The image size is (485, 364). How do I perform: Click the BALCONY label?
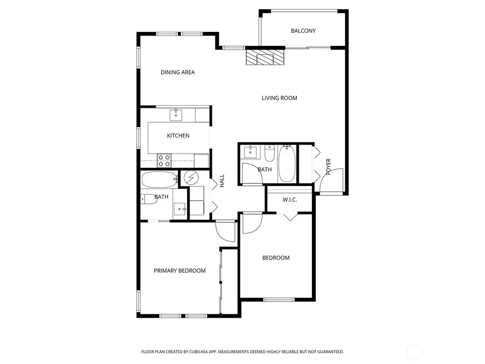pos(303,31)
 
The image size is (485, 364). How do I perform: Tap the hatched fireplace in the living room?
pos(265,57)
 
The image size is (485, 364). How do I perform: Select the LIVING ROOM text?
pos(279,98)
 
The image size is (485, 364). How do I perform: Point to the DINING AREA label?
pos(177,72)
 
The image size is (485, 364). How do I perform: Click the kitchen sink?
pos(176,115)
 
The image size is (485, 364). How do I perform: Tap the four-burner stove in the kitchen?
pos(164,160)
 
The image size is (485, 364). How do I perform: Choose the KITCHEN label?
pos(178,135)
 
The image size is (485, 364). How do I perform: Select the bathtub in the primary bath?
pos(159,179)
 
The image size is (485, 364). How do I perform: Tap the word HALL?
pos(221,181)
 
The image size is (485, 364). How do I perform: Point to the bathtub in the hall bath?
pos(286,164)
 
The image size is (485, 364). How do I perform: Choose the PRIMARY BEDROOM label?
pos(179,271)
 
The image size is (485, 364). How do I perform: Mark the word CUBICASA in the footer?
pos(201,352)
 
